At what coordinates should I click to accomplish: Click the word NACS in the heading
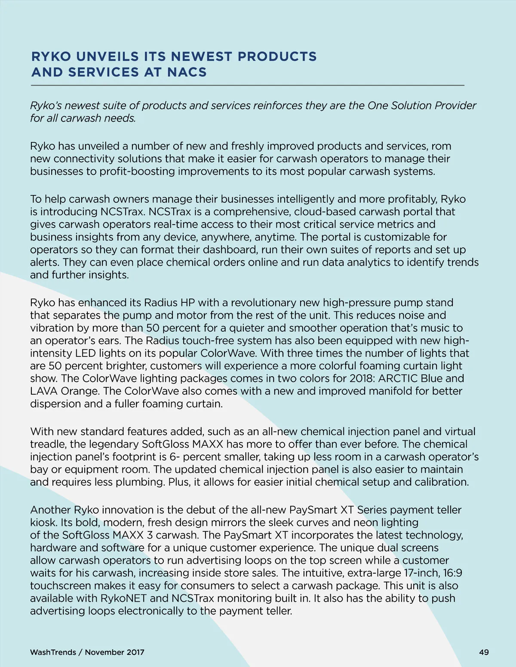(x=187, y=72)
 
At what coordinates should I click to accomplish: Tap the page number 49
(x=484, y=652)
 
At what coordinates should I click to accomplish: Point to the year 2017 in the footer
(x=135, y=652)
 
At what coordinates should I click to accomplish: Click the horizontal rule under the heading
(x=248, y=86)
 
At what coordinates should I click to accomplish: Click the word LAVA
(x=44, y=391)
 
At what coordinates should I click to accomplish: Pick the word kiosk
(x=43, y=523)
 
